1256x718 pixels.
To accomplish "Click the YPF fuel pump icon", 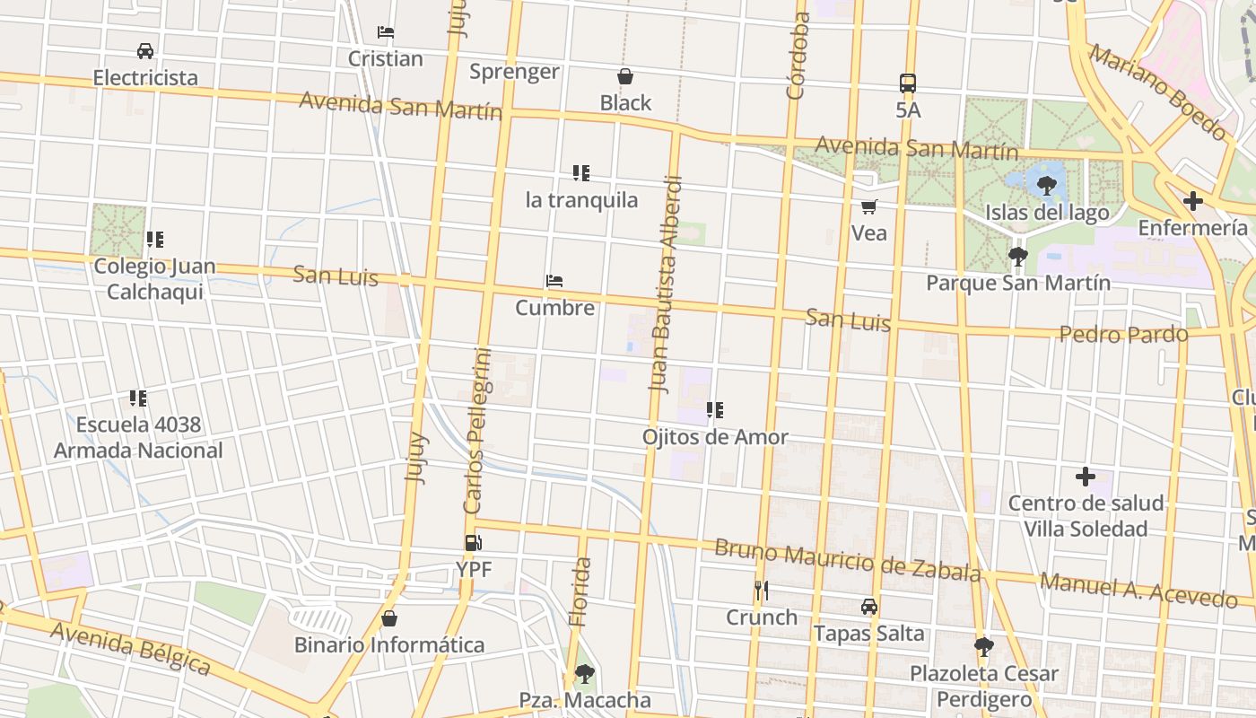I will pos(473,542).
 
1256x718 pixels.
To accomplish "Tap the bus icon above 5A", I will pos(908,83).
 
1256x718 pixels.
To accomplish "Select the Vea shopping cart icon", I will pos(868,207).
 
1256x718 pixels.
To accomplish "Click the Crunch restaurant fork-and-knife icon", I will pos(761,590).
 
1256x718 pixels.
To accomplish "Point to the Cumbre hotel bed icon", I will pos(554,281).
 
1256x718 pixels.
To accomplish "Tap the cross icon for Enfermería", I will pos(1192,201).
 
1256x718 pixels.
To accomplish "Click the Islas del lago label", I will pos(1047,213).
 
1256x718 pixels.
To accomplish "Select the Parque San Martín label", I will pos(1018,283).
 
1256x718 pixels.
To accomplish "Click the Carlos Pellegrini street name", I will pos(477,431).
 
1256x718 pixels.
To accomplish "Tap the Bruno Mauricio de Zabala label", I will pos(847,560).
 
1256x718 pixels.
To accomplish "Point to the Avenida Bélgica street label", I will pos(130,648).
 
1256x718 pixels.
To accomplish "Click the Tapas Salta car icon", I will pos(868,607).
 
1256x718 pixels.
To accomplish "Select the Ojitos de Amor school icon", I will pos(715,410).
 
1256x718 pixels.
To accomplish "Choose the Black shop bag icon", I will pos(625,76).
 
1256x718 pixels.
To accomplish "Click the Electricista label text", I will pos(145,77).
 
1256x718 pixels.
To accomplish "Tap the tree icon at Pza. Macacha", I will pos(585,673).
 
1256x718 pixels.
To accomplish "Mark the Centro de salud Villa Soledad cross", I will pos(1086,477).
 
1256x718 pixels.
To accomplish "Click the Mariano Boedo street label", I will pos(1157,92).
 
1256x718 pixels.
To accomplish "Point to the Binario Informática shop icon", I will pos(389,618).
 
